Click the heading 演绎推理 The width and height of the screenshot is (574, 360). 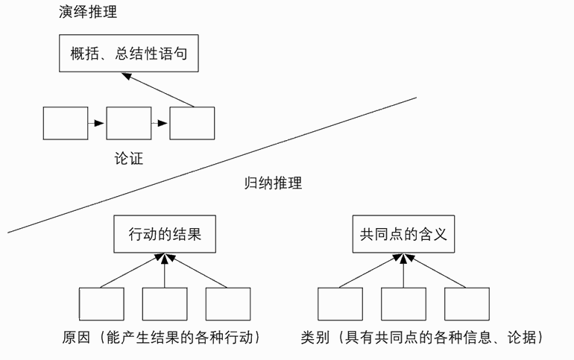pos(88,13)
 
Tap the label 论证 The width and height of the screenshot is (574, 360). pos(128,158)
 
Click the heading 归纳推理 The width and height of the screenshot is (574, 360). pos(274,183)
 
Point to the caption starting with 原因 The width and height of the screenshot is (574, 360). pos(160,338)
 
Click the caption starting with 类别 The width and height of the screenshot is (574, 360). pos(422,338)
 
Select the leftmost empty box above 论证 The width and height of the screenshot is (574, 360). pos(66,123)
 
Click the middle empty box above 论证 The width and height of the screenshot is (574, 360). pos(129,123)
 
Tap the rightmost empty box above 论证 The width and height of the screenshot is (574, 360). pos(192,123)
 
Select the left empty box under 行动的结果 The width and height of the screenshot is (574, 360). pos(101,303)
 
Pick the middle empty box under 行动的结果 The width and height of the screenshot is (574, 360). pos(165,303)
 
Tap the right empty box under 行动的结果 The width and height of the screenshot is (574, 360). pos(228,303)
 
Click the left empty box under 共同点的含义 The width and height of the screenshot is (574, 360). pos(340,303)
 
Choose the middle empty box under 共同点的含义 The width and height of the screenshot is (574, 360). pos(403,303)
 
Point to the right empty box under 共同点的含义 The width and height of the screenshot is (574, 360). pos(467,303)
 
